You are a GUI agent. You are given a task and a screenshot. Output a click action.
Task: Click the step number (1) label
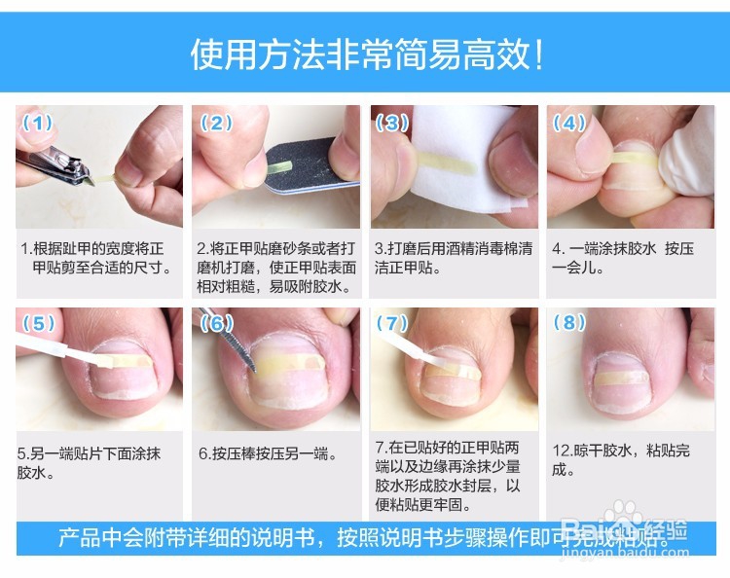pyautogui.click(x=39, y=124)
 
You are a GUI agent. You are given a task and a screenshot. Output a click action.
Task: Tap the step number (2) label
pyautogui.click(x=216, y=124)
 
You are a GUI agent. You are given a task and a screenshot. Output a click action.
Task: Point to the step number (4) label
pyautogui.click(x=569, y=124)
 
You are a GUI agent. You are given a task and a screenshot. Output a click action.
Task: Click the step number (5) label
pyautogui.click(x=39, y=323)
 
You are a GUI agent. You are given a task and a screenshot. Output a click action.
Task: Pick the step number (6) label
pyautogui.click(x=216, y=323)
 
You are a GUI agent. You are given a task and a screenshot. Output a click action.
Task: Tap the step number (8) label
pyautogui.click(x=569, y=323)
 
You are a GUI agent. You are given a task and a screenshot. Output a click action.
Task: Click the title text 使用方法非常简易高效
pyautogui.click(x=365, y=54)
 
